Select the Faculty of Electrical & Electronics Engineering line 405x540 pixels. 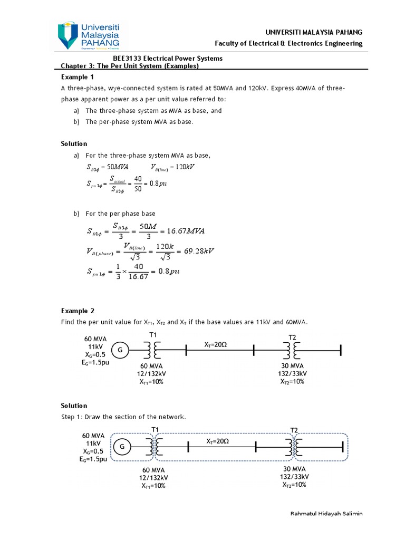288,43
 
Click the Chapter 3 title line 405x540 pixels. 130,66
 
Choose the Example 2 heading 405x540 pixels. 77,311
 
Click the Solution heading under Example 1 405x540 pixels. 74,143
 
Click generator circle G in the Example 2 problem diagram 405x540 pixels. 120,350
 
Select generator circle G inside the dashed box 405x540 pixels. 122,447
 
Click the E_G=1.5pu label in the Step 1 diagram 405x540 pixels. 94,459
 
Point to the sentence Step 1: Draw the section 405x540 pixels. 124,417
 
